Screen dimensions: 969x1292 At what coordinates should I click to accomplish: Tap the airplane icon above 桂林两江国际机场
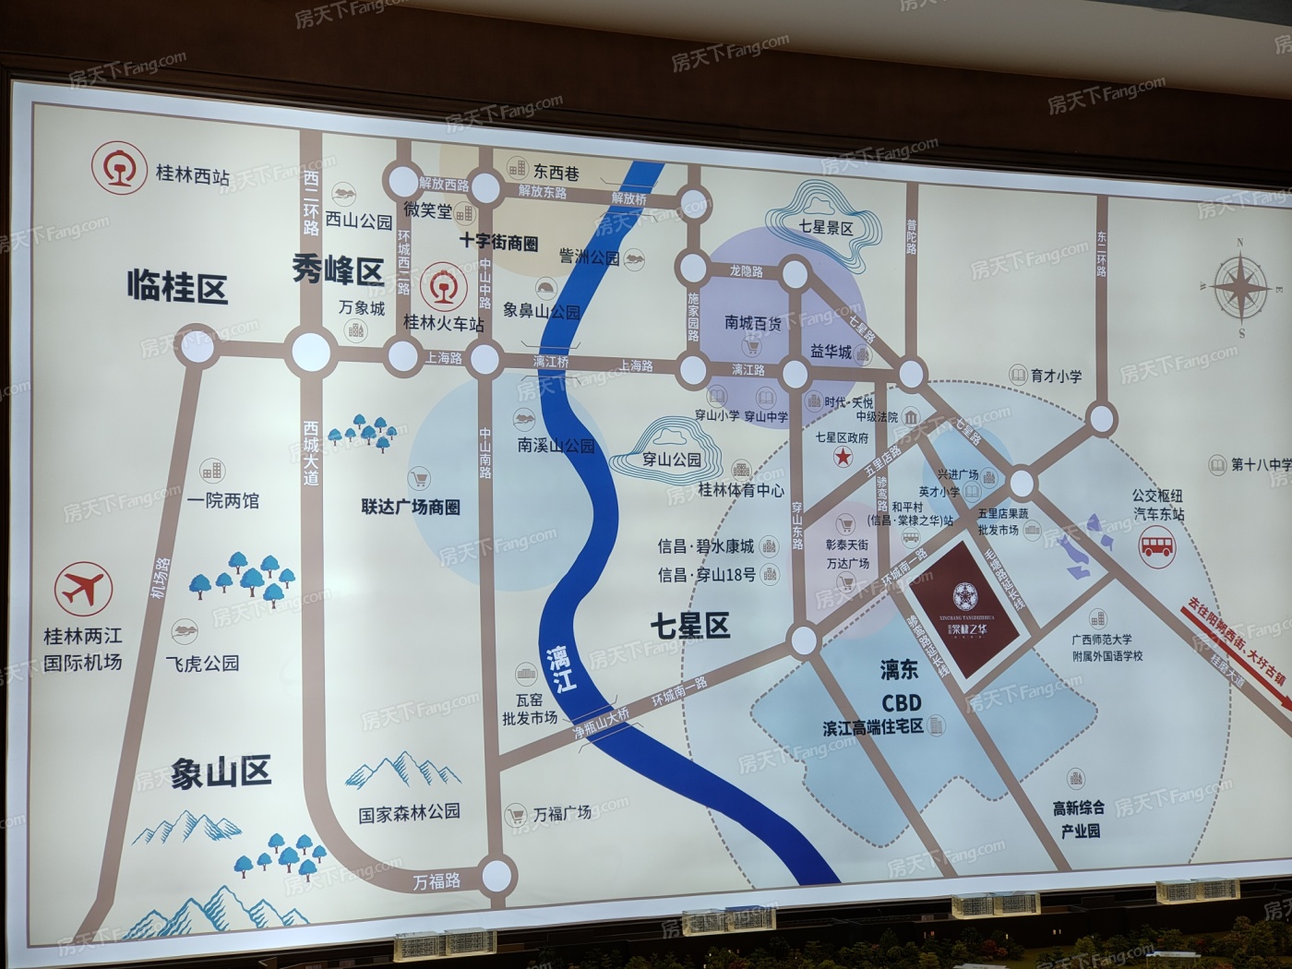pos(83,589)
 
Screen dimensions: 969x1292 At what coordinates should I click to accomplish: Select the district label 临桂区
pos(177,288)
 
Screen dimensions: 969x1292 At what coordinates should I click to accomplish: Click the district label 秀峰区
pos(338,269)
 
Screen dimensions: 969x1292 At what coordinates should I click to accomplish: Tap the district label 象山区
pos(221,772)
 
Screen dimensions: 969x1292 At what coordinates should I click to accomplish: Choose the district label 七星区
pos(689,626)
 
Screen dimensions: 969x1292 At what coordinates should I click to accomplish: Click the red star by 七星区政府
pos(842,457)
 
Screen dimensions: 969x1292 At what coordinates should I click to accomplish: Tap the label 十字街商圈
pos(499,243)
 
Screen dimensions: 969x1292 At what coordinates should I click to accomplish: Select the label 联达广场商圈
pos(411,507)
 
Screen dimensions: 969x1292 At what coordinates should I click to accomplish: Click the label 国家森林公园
pos(409,812)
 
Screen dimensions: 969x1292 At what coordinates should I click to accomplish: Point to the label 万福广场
pos(561,814)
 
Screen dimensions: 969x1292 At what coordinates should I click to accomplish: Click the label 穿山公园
pos(672,459)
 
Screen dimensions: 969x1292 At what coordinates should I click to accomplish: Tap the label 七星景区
pos(826,227)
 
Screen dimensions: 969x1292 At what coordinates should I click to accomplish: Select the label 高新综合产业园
pos(1079,819)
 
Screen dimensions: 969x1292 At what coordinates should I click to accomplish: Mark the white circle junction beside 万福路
pos(496,872)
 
